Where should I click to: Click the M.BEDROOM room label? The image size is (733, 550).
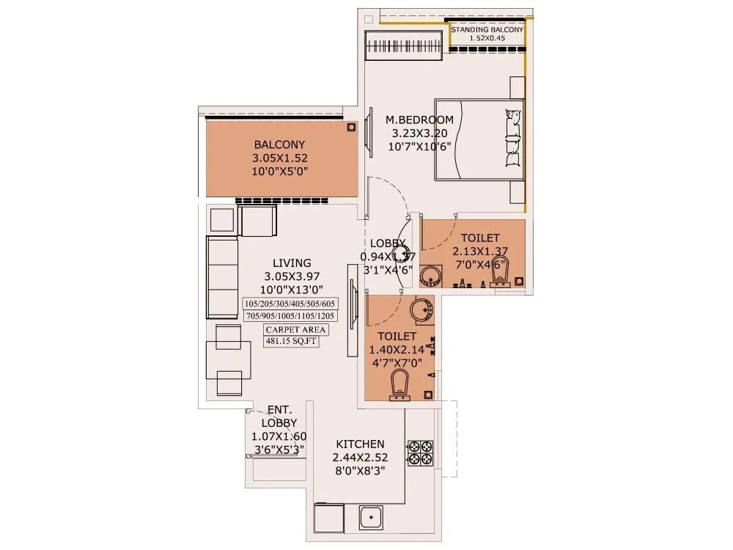click(x=419, y=120)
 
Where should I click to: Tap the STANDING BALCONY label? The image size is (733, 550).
click(x=487, y=29)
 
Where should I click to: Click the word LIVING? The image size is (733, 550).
click(x=292, y=263)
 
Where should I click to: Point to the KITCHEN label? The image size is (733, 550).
click(x=360, y=444)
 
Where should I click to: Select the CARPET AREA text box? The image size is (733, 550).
click(x=296, y=329)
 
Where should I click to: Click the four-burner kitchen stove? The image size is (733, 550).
click(x=420, y=452)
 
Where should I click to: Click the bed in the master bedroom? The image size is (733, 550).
click(x=479, y=139)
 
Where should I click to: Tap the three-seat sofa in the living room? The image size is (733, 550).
click(x=222, y=277)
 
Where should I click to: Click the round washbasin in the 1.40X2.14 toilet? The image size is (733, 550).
click(x=421, y=311)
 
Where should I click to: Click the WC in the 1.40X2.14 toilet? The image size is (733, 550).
click(x=399, y=385)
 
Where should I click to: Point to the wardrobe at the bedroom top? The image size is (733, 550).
click(x=405, y=50)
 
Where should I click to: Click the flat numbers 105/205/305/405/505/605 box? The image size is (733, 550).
click(x=289, y=304)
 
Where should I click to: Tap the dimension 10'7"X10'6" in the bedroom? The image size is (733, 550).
click(x=419, y=146)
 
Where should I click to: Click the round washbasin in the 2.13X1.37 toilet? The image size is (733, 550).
click(x=432, y=276)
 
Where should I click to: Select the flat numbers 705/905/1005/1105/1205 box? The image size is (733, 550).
click(x=289, y=316)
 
